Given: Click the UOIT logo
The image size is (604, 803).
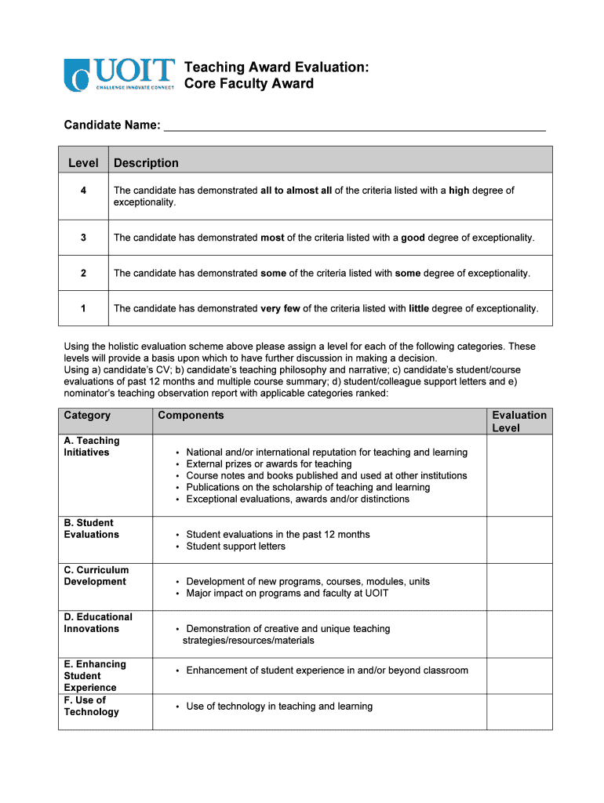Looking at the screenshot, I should [x=118, y=74].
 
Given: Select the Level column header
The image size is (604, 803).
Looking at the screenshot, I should [x=83, y=163].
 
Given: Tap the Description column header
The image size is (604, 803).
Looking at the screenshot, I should [x=146, y=163].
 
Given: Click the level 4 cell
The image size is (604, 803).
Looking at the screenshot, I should [x=83, y=191].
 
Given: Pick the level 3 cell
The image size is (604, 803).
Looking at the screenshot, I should [x=83, y=238].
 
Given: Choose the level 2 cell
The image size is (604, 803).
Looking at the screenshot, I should [x=83, y=273].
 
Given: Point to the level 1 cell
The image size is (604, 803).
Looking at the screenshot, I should [x=83, y=308].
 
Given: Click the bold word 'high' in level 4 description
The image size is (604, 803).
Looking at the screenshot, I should [x=459, y=191].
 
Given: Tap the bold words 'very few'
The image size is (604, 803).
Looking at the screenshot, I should [x=280, y=308].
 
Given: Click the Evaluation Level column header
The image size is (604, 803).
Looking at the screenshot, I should [x=519, y=421].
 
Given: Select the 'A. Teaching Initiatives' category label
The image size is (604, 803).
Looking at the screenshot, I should [x=91, y=446].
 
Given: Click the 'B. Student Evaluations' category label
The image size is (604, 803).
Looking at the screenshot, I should [x=91, y=529].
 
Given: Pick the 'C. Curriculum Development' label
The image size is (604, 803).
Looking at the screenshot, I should [x=96, y=576].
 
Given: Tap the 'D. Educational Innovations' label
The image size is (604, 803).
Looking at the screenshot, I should [x=98, y=623].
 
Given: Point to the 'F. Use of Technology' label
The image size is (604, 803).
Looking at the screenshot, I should [x=91, y=706].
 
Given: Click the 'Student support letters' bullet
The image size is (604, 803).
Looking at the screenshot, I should [x=235, y=547].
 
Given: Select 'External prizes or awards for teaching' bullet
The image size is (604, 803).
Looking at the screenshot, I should [x=268, y=464].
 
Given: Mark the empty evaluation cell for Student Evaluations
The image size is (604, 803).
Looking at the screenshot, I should [x=519, y=540].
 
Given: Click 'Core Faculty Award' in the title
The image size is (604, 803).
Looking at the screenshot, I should [x=249, y=84].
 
